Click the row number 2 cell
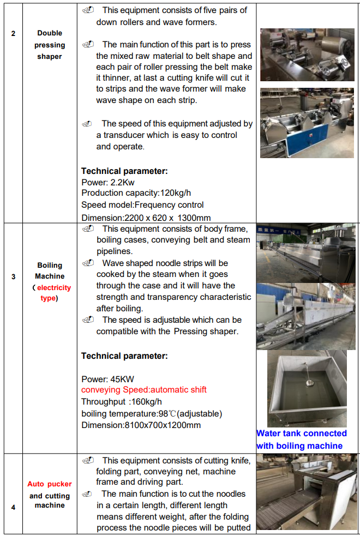pos(13,33)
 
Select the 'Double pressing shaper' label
pos(50,45)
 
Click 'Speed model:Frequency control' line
pos(142,205)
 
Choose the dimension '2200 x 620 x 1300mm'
pos(146,218)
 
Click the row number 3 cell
pos(13,276)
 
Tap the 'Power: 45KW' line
pos(107,379)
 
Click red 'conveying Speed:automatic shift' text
pos(144,390)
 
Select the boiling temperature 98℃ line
pos(152,413)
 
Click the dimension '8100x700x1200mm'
pos(141,425)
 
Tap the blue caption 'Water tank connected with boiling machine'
pos(302,439)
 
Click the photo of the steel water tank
pos(307,388)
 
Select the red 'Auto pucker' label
pos(50,484)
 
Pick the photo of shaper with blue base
pos(307,122)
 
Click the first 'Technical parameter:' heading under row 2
pos(124,171)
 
